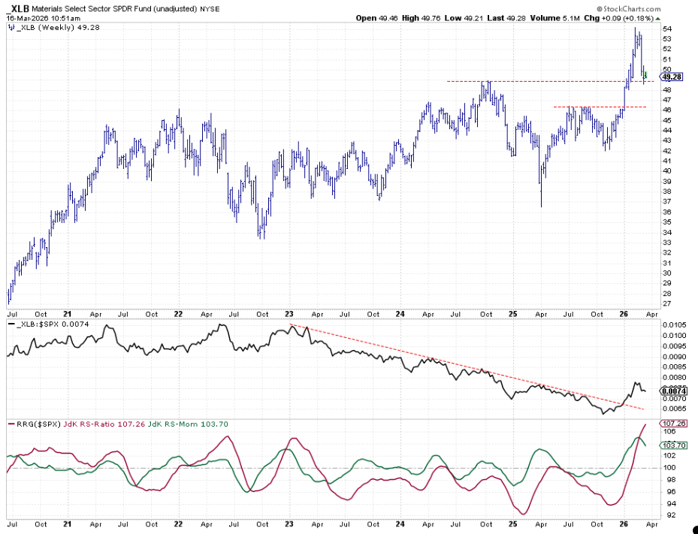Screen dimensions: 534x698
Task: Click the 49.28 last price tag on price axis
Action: tap(672, 77)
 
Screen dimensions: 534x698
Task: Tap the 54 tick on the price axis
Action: tap(668, 29)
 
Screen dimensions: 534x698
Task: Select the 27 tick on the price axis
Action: tap(668, 303)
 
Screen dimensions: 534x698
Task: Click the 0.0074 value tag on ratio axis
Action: tap(672, 391)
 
